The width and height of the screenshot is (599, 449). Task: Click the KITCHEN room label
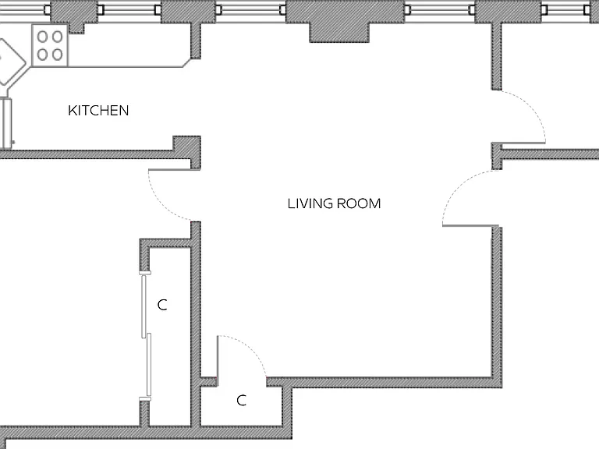click(x=98, y=111)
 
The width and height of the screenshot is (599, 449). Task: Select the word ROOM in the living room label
click(x=359, y=203)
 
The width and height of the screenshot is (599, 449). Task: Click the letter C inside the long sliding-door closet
click(x=162, y=305)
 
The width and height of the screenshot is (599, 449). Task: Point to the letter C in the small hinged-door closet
click(x=241, y=400)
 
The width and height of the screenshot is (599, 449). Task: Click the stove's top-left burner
click(x=42, y=37)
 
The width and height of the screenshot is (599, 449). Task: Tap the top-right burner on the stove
click(x=57, y=37)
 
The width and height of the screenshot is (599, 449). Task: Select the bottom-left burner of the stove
click(x=42, y=55)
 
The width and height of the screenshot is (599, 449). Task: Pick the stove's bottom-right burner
click(x=57, y=55)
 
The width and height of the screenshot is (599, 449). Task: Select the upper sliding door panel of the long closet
click(x=144, y=306)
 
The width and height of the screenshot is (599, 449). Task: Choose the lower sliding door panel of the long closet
click(x=149, y=365)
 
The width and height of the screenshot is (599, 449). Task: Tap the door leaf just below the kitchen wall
click(x=169, y=169)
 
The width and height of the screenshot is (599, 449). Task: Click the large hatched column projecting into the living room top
click(x=339, y=32)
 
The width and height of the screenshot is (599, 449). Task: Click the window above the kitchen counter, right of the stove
click(x=129, y=9)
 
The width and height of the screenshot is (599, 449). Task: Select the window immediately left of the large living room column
click(x=250, y=9)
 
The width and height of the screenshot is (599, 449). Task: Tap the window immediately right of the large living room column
click(x=440, y=9)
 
